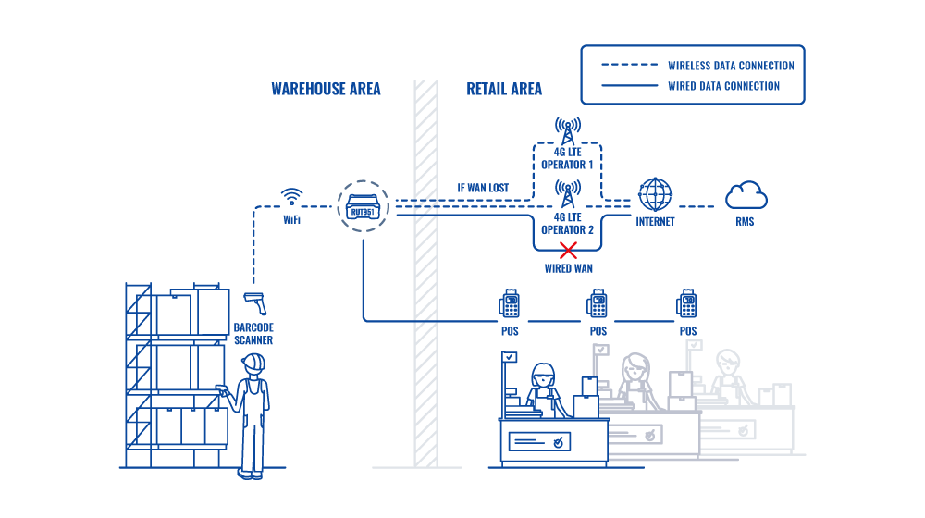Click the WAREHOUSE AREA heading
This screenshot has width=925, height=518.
click(326, 90)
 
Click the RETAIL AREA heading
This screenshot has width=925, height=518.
click(504, 90)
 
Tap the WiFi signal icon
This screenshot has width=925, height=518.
click(292, 196)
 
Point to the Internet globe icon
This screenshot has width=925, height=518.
click(656, 194)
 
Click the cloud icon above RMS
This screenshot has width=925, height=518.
click(746, 196)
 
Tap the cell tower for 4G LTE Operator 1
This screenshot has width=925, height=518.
click(568, 129)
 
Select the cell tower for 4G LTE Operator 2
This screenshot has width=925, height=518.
click(568, 194)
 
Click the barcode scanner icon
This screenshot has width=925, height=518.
click(254, 302)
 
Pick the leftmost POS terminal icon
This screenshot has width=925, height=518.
click(510, 303)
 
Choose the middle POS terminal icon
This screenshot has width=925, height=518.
click(598, 303)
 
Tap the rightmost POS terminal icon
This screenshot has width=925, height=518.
click(687, 303)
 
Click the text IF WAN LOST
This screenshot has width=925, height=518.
click(483, 189)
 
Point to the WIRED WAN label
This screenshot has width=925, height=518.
click(568, 268)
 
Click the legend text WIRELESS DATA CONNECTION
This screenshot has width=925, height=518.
click(731, 66)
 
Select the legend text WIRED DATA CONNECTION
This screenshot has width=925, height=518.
click(723, 86)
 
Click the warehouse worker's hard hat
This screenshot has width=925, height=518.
click(253, 363)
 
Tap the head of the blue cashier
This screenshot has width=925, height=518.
click(542, 376)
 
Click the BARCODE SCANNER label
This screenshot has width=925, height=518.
click(253, 334)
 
